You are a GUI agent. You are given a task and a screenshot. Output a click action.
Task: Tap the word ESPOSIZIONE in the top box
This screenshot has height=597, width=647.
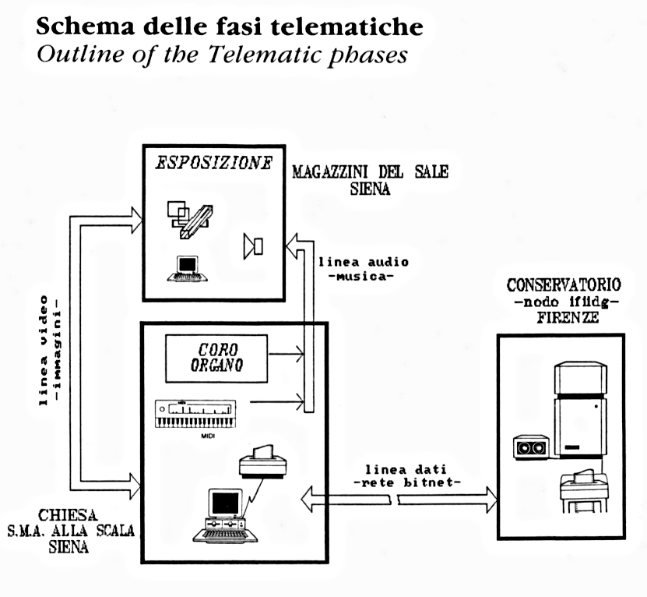pos(214,164)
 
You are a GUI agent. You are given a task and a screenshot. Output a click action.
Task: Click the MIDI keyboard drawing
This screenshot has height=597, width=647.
pos(195,414)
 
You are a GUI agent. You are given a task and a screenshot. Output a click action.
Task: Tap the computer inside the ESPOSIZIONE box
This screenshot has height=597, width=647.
pos(186,268)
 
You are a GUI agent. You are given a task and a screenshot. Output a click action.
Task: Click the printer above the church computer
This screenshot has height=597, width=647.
pos(263,463)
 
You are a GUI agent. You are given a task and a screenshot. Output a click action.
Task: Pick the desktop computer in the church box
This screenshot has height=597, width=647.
pos(225,515)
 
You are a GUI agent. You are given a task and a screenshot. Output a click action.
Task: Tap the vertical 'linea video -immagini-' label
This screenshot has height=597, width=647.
pos(49,351)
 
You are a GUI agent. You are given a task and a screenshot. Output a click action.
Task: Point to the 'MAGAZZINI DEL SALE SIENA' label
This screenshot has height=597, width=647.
pos(370,180)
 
